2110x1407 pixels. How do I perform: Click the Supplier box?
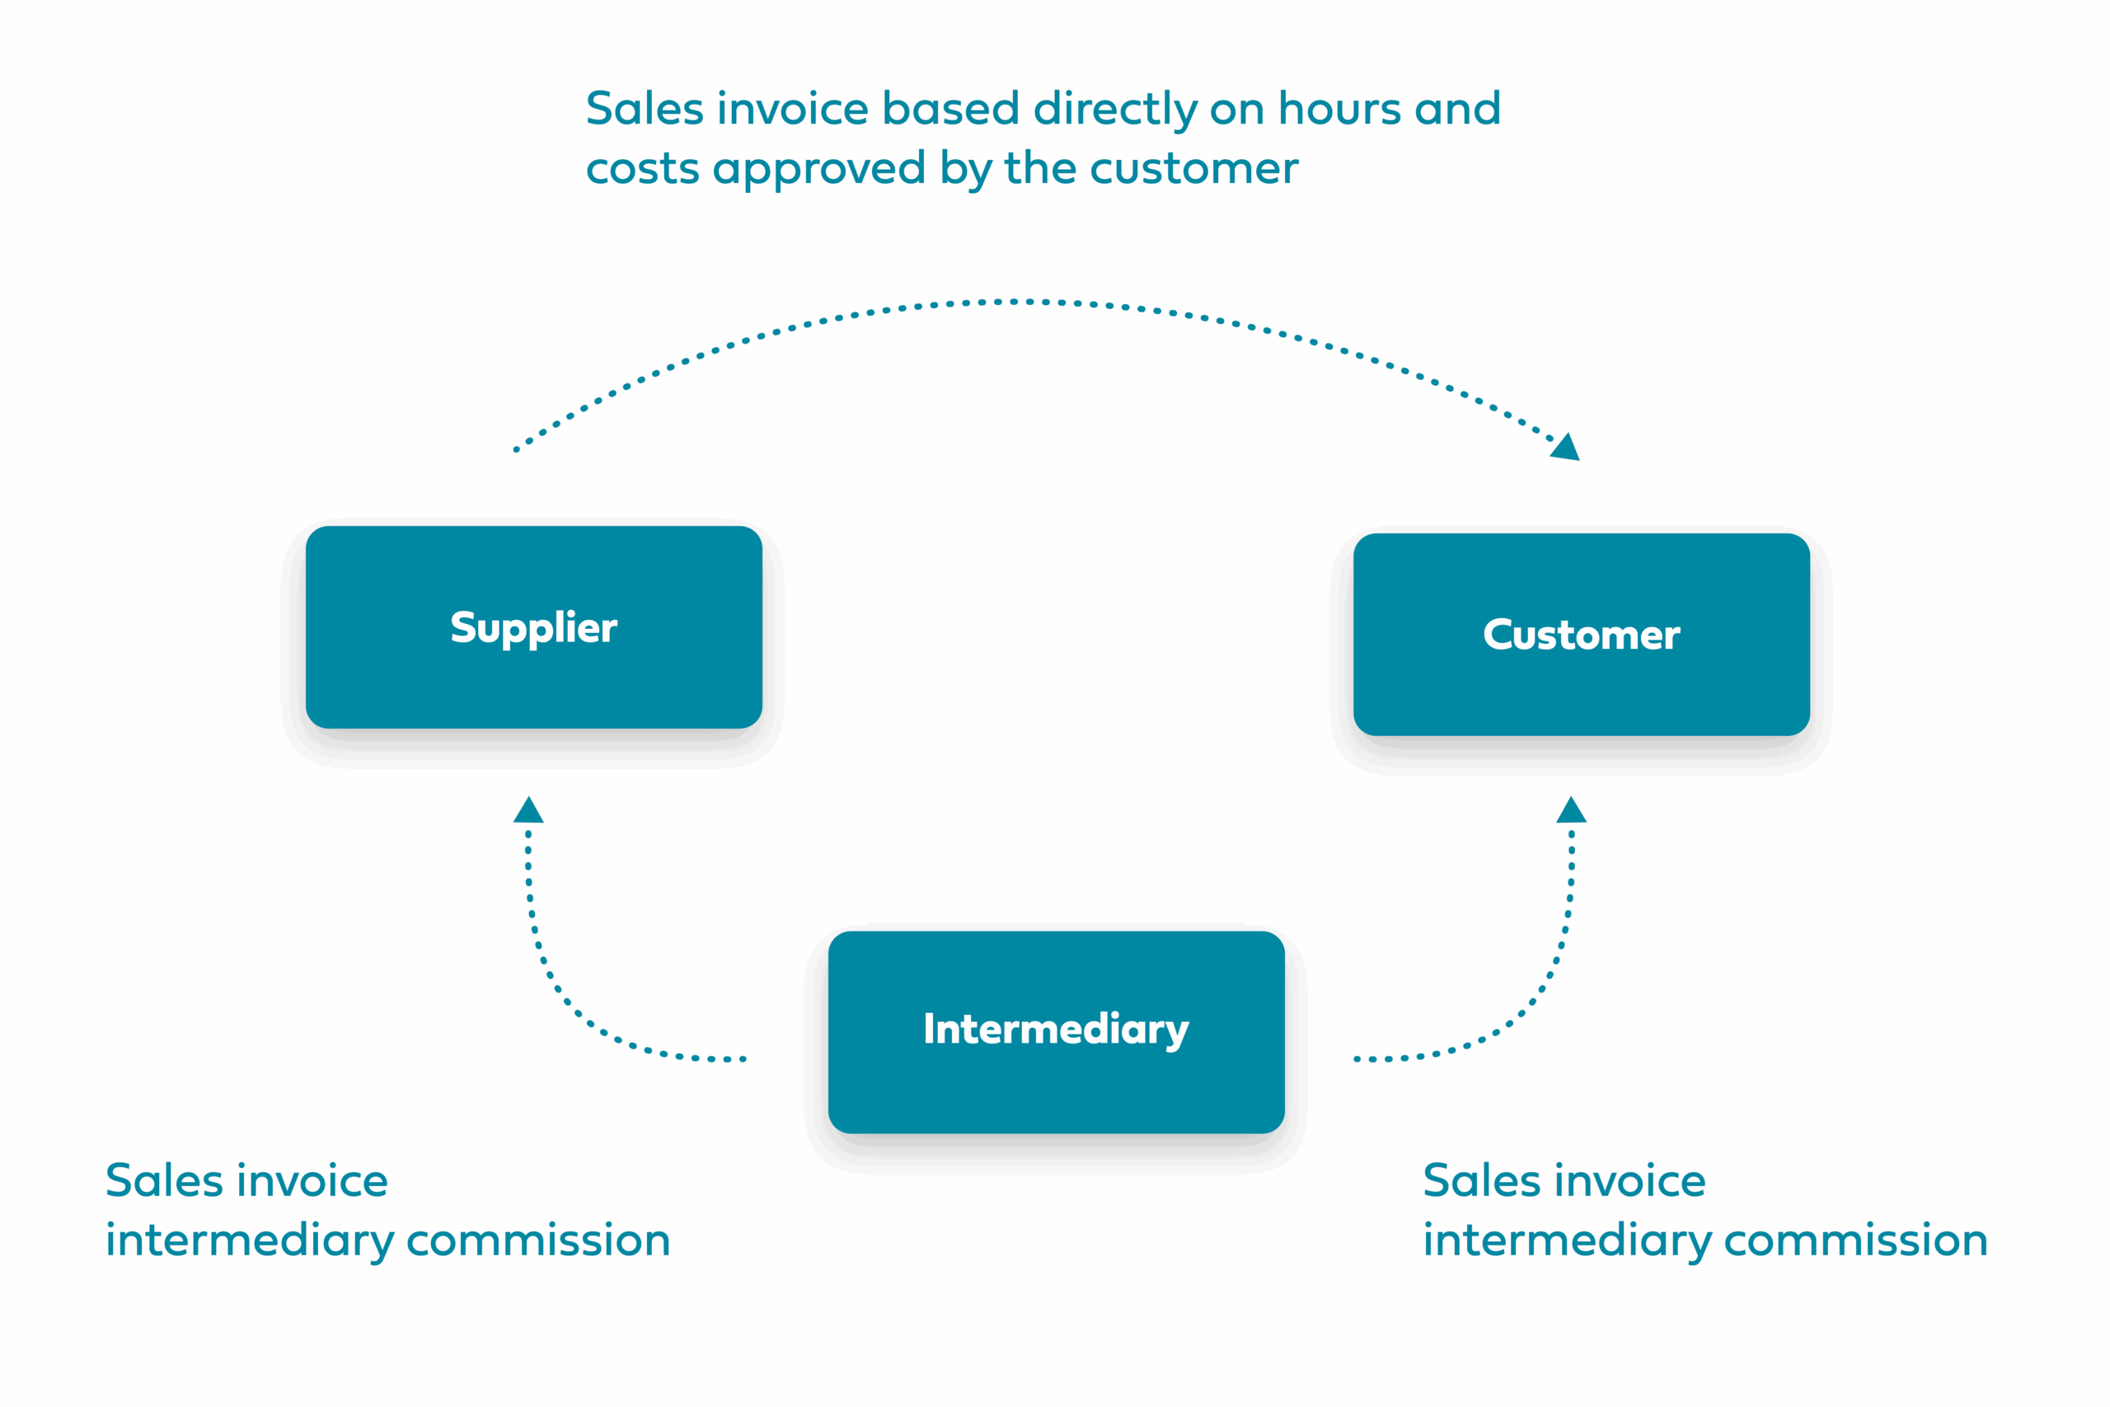(534, 627)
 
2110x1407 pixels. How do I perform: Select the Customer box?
(1581, 635)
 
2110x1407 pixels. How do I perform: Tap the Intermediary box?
(1056, 1031)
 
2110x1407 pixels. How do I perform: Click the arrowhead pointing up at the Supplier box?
(528, 810)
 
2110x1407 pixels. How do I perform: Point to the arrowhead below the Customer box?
(1571, 810)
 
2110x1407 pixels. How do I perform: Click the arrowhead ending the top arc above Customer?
(1565, 448)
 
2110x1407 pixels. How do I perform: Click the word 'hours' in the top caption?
(1339, 110)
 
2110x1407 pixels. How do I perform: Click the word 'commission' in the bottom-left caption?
(538, 1241)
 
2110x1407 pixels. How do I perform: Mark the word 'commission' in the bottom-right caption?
(1855, 1241)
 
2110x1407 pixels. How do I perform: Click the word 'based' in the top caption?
(951, 110)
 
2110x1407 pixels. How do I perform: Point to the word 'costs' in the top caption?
(642, 169)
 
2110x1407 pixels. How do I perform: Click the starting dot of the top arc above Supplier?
(517, 449)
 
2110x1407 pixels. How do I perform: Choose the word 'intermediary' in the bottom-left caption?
(251, 1242)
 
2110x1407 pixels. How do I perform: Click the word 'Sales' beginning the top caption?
(644, 110)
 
